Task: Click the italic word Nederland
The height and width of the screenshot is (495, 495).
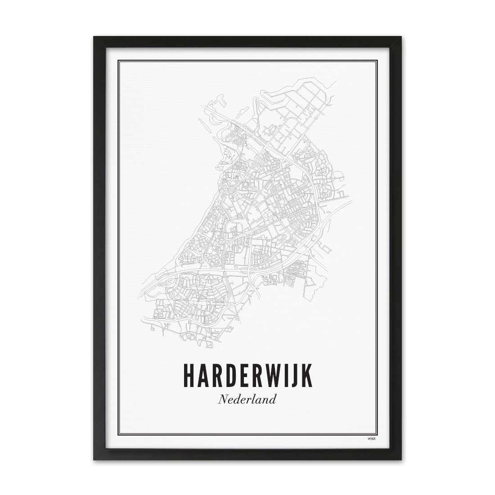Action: pyautogui.click(x=247, y=399)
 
